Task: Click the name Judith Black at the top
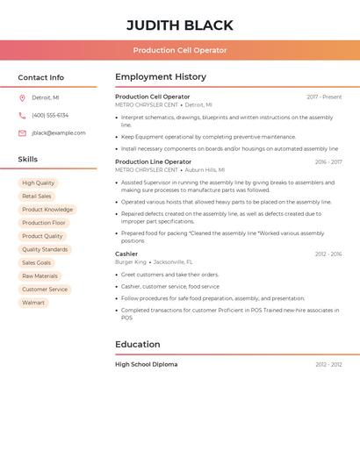180,25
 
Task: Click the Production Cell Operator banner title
180,50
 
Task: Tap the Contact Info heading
40,77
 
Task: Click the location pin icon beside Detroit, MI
22,97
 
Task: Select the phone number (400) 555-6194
50,115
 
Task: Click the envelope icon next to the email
22,133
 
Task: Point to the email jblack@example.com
59,133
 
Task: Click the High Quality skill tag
38,183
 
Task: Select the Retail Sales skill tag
37,197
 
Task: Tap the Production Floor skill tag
44,223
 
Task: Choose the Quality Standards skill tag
45,249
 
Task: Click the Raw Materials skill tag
40,276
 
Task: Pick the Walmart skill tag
33,303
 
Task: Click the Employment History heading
161,77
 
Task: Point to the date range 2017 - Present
324,97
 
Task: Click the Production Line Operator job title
153,161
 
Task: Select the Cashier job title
126,254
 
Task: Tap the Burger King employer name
131,262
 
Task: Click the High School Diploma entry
146,364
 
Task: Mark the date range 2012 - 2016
328,254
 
